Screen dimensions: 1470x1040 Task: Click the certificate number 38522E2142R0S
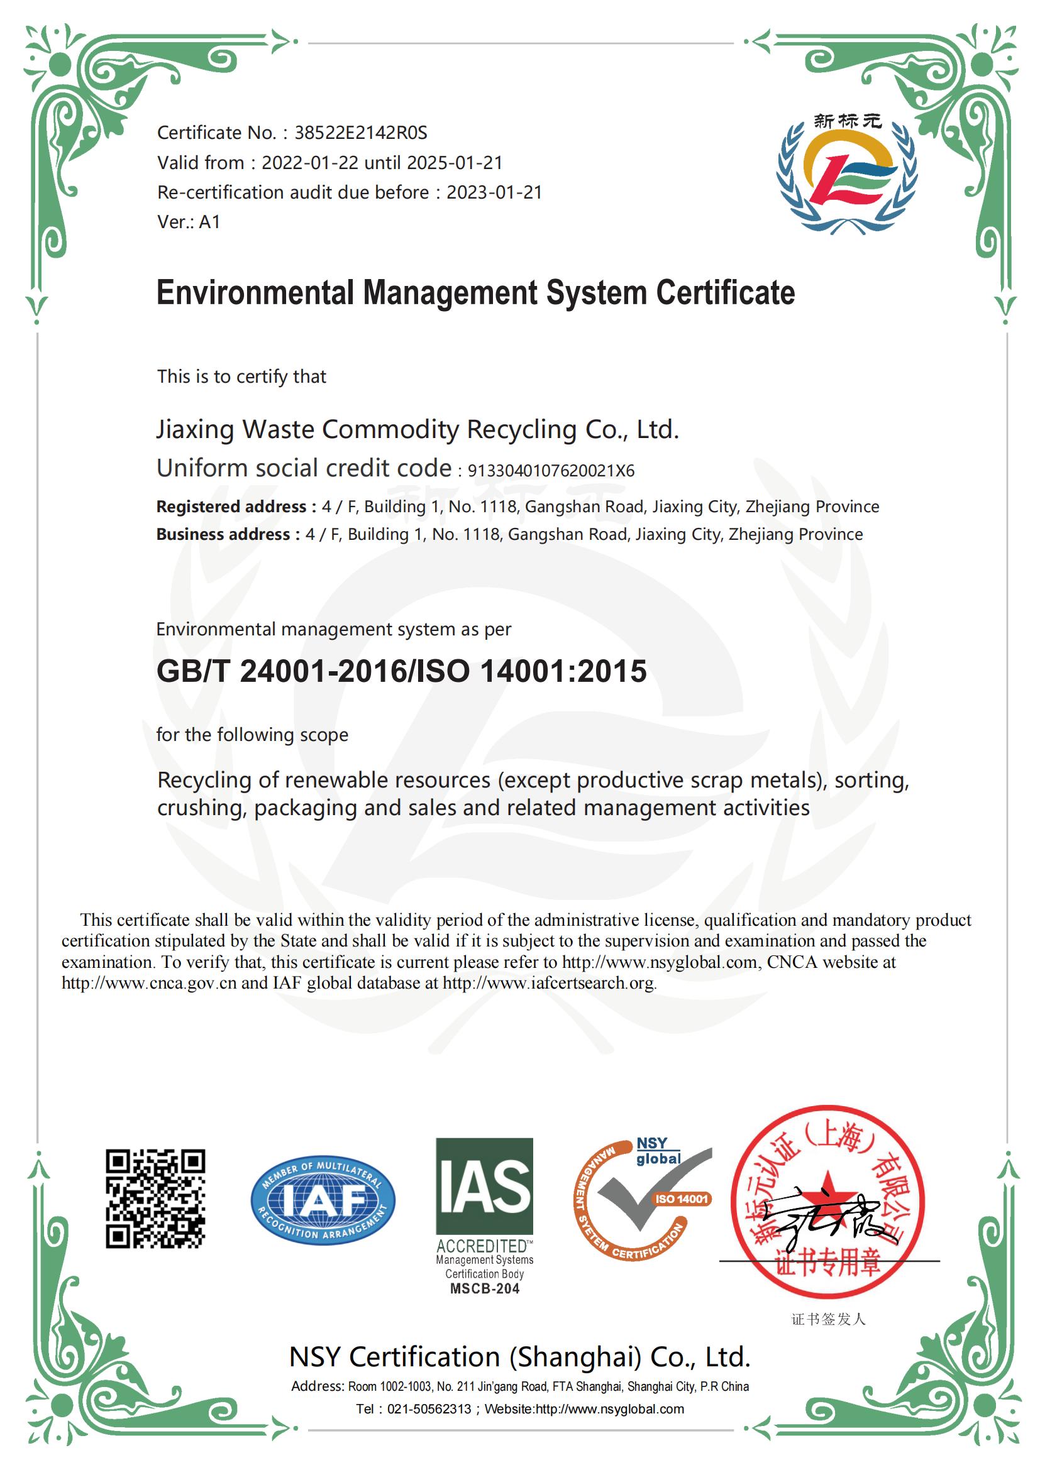(360, 133)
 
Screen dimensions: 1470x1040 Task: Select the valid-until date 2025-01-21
(455, 163)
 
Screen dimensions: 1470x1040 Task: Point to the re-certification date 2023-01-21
(494, 192)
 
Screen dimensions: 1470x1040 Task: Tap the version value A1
(209, 221)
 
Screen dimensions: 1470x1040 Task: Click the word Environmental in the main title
(254, 293)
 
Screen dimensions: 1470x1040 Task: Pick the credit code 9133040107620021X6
(551, 471)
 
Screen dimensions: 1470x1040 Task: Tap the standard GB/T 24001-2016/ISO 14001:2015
(402, 671)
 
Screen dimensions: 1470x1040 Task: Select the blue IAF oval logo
(323, 1200)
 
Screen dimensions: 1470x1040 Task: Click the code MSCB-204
(484, 1288)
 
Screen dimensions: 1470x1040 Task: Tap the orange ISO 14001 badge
(682, 1198)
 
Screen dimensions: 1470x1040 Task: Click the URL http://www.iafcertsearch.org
(548, 983)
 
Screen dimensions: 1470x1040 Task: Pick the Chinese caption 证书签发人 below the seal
(828, 1319)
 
